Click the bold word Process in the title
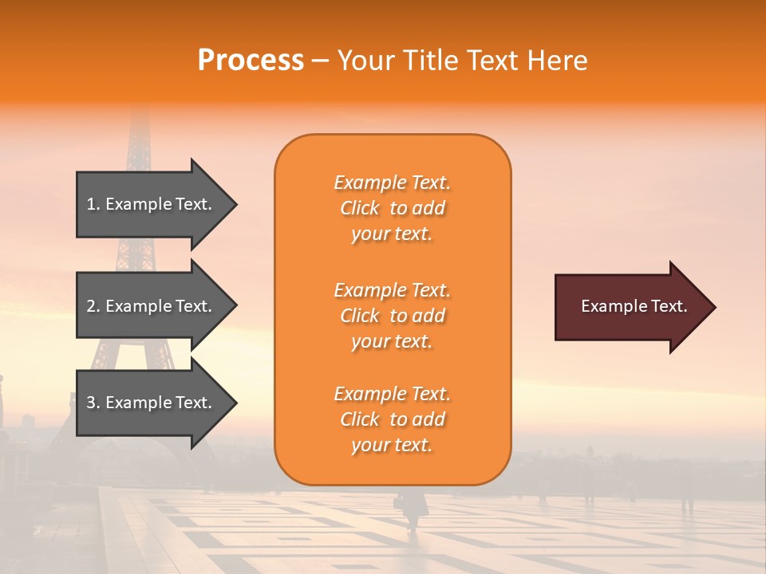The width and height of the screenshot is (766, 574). [251, 61]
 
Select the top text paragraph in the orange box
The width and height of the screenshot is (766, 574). [392, 208]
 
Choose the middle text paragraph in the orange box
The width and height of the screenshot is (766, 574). [392, 316]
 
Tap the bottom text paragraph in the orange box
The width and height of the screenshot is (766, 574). [392, 419]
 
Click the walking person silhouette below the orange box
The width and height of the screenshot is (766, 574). [413, 510]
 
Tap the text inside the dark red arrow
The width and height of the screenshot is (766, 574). [634, 306]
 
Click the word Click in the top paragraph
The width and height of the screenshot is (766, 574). [360, 208]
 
